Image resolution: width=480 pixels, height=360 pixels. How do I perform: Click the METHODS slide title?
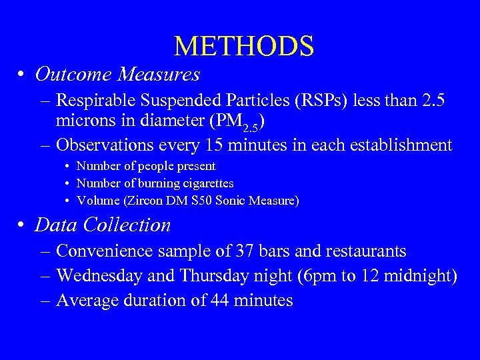(x=243, y=46)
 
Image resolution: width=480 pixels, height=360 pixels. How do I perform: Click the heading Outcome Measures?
(x=117, y=74)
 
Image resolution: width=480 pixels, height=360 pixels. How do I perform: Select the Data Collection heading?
(x=103, y=225)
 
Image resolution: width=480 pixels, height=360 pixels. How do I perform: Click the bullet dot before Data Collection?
(x=22, y=226)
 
